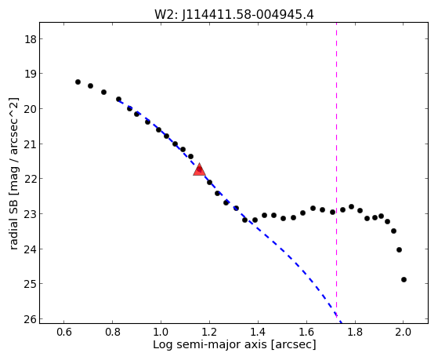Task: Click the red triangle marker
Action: point(199,169)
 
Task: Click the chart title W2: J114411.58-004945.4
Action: point(234,14)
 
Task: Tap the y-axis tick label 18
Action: point(31,39)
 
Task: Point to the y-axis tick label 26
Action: point(31,319)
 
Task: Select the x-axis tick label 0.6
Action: point(64,332)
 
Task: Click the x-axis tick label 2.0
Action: point(404,332)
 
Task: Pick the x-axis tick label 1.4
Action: point(258,332)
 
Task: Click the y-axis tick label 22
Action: point(31,179)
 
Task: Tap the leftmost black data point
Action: point(78,82)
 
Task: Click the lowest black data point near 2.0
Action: point(404,279)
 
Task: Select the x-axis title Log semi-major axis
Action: point(210,344)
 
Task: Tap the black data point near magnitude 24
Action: point(399,249)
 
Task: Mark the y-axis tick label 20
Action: point(31,109)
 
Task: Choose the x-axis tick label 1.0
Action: point(161,332)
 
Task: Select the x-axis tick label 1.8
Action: point(355,332)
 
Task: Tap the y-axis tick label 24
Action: point(31,249)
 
